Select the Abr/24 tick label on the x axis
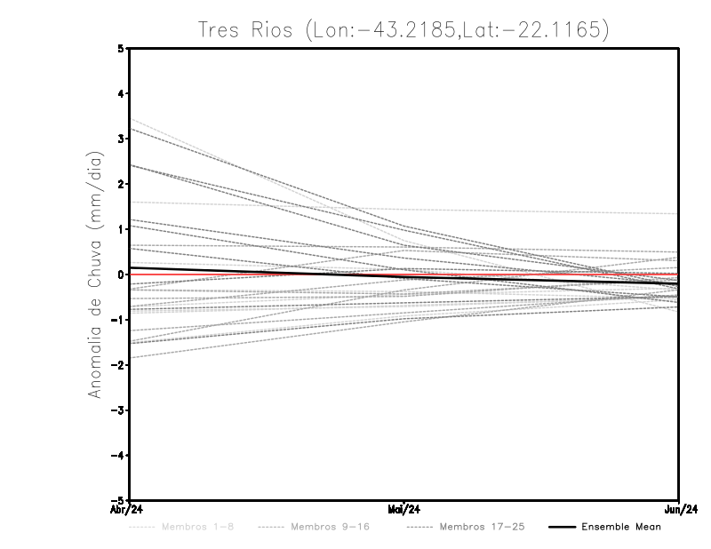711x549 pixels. click(x=128, y=509)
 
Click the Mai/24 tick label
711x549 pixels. click(x=404, y=509)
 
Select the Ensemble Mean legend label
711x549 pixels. click(x=621, y=527)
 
